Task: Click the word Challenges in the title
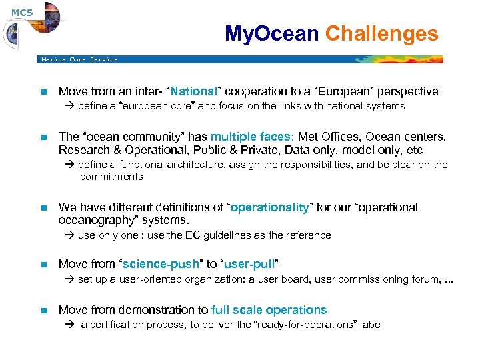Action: (381, 34)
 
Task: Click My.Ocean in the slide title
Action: (271, 34)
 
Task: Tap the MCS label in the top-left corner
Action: (21, 12)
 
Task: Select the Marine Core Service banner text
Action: (79, 59)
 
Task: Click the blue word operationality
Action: (269, 207)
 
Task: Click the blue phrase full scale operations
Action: (269, 310)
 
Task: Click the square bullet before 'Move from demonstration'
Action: (43, 311)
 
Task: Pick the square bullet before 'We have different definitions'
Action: (43, 208)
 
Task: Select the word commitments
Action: (111, 177)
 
